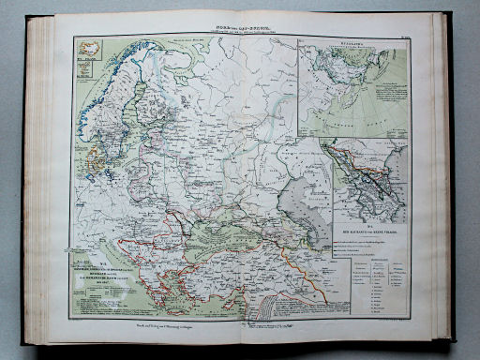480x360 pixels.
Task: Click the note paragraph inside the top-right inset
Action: (x=397, y=95)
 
